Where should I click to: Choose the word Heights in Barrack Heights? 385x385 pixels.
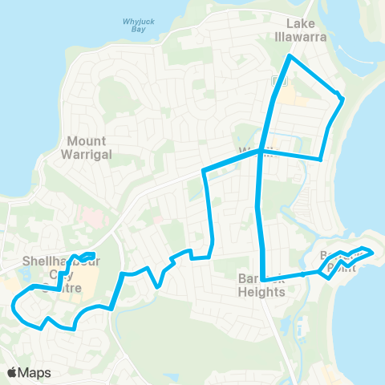262,292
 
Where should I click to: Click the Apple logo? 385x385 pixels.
13,372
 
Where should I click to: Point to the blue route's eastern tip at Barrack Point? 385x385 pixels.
373,252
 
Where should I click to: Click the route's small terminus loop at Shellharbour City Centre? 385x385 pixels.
88,257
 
